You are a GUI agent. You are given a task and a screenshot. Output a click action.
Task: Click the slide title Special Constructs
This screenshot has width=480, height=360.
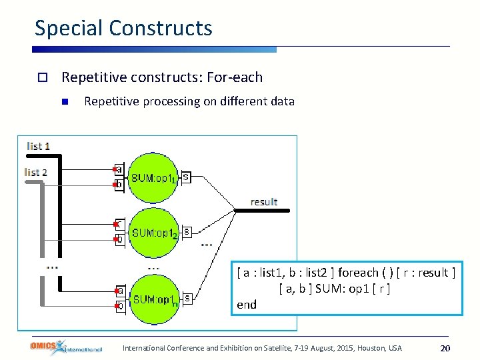tap(123, 28)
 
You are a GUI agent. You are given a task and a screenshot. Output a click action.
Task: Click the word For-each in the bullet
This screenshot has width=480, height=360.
tap(235, 77)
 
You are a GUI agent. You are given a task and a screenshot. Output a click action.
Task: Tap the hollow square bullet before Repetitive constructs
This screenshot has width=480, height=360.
tap(41, 78)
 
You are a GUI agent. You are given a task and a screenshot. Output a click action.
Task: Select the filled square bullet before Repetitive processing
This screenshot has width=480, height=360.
tap(65, 102)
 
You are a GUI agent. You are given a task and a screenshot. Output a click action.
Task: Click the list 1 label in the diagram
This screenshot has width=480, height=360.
tap(39, 146)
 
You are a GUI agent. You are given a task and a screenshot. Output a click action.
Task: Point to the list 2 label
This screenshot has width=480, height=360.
tap(36, 172)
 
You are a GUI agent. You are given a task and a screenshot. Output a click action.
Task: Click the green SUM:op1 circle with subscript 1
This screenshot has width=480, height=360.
tap(153, 178)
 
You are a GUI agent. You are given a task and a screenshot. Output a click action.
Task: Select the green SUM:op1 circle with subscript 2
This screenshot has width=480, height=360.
tap(153, 233)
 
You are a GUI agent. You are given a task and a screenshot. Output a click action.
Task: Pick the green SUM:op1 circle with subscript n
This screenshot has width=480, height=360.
tap(153, 299)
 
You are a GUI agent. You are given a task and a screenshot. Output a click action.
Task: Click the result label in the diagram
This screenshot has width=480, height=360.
tap(264, 201)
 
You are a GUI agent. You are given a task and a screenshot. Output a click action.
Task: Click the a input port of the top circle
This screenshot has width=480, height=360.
tap(119, 169)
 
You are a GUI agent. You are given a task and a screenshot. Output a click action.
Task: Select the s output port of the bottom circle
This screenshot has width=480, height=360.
tap(188, 298)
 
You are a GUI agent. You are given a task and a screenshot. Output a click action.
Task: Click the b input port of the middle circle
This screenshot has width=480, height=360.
tap(119, 239)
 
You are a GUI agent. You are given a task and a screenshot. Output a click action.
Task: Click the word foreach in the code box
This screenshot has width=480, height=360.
tap(359, 273)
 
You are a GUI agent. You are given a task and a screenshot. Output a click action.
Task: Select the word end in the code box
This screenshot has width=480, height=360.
tap(247, 304)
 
